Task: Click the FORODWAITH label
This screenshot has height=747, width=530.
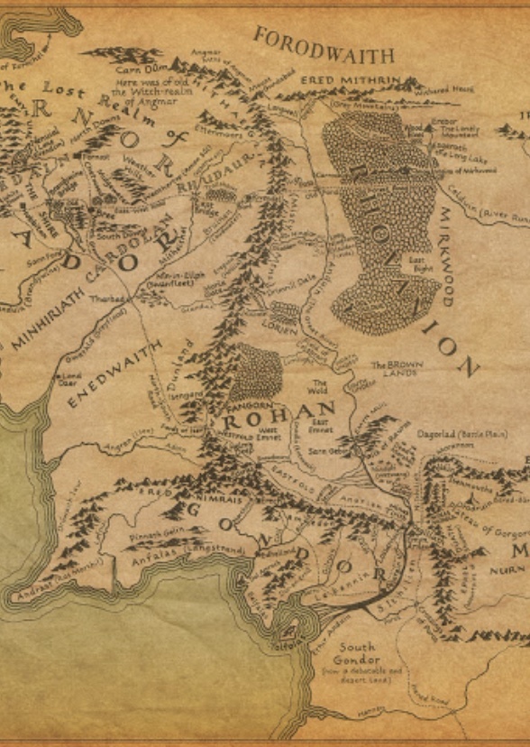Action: click(324, 45)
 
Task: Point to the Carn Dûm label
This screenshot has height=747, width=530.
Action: click(135, 68)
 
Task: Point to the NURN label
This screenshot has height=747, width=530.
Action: click(507, 570)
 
